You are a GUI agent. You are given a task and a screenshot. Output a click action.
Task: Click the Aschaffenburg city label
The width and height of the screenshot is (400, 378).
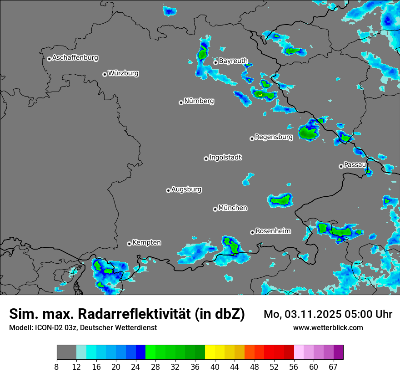75,58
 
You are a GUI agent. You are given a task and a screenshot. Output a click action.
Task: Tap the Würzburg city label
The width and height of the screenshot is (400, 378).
123,73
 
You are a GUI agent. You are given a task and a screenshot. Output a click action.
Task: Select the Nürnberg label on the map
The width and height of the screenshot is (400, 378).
199,101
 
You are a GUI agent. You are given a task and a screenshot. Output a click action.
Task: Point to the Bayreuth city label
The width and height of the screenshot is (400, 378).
233,61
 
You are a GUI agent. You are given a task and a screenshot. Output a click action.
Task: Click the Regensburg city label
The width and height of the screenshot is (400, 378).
274,137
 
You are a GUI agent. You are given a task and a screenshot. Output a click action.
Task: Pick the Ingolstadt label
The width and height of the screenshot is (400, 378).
225,158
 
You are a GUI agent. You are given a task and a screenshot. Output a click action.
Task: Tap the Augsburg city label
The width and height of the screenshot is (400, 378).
186,189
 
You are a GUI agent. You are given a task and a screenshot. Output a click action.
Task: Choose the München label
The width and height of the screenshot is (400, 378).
233,208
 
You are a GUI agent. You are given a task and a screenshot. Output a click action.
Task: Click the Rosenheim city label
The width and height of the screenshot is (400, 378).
273,231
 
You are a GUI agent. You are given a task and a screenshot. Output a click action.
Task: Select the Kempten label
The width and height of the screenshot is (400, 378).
146,243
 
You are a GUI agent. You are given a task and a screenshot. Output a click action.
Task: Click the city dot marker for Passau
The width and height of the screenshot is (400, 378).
341,166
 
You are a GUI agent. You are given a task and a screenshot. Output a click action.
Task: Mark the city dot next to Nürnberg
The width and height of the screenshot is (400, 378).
181,102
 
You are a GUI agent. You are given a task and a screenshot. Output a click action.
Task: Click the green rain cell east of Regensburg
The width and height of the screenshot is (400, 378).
308,133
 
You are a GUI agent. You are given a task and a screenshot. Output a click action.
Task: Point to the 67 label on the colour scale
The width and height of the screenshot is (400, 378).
333,367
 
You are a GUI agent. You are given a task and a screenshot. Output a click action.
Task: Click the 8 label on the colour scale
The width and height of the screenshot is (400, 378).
57,367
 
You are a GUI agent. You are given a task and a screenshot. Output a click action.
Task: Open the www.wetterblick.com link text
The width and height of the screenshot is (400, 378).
328,328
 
